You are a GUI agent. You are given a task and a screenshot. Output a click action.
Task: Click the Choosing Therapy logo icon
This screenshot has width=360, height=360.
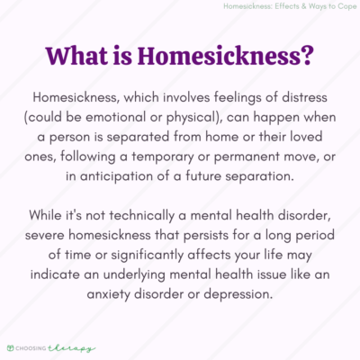click(11, 347)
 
